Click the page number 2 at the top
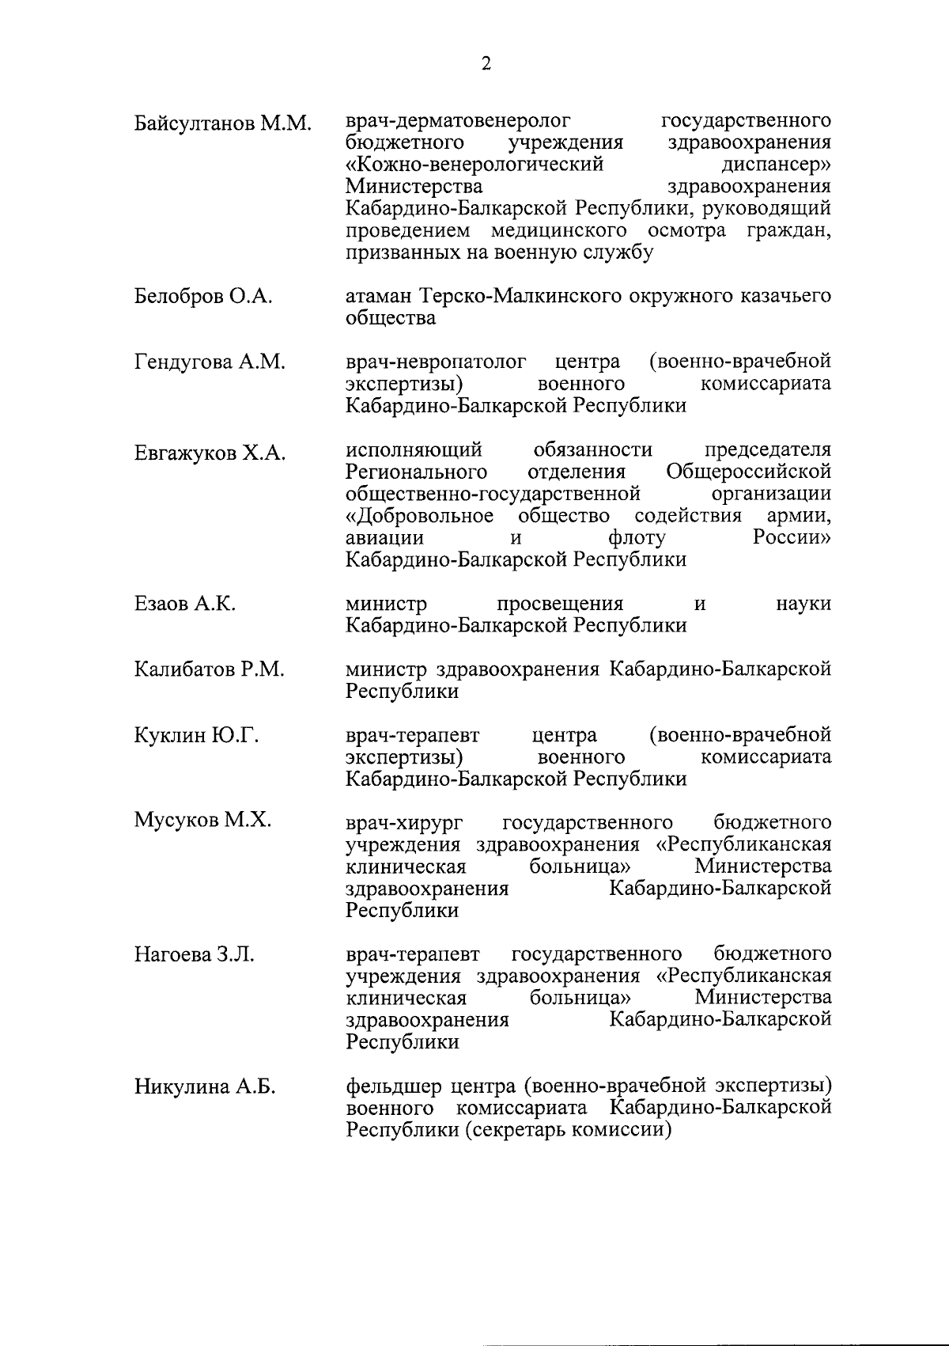point(486,64)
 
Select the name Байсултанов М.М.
point(223,123)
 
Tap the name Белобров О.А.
point(203,298)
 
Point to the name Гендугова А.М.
point(210,363)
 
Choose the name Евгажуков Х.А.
point(210,453)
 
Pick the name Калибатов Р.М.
point(209,670)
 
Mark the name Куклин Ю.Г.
point(196,736)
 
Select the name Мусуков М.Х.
point(202,821)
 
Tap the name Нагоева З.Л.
point(195,954)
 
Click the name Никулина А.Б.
point(205,1086)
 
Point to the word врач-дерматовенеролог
point(459,121)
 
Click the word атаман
point(378,297)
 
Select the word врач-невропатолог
point(436,362)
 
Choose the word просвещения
point(560,604)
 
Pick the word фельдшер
point(392,1086)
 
